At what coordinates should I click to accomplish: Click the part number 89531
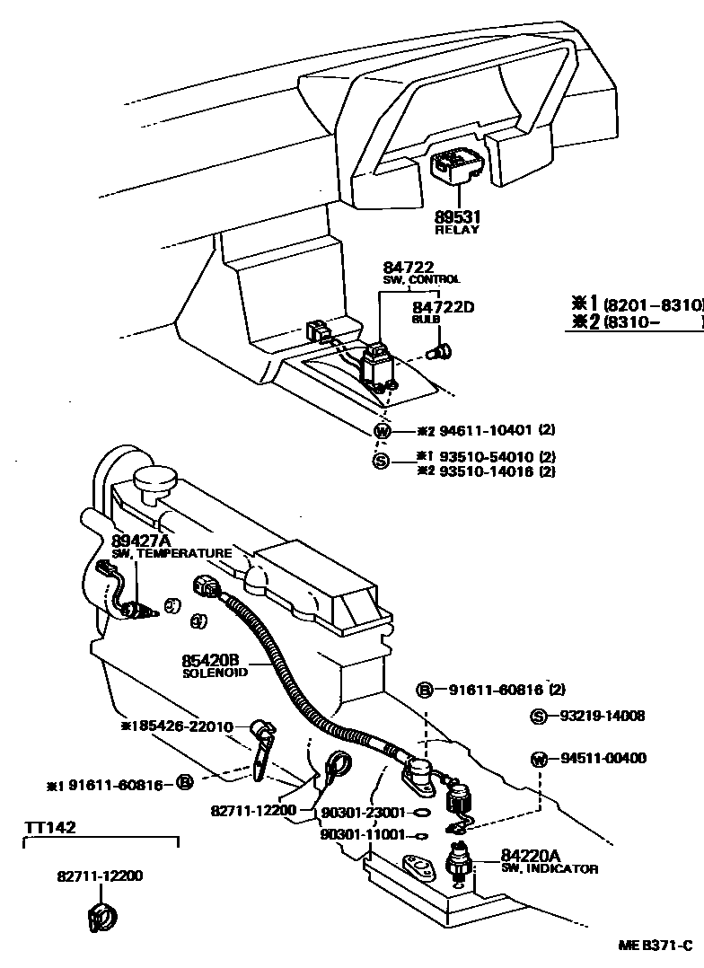(458, 217)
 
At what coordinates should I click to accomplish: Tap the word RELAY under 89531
(458, 230)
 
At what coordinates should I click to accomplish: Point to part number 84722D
(443, 307)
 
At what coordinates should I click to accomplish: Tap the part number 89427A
(141, 541)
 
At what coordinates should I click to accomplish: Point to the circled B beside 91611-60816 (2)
(426, 691)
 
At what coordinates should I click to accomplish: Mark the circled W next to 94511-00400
(538, 759)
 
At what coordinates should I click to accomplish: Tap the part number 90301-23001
(364, 812)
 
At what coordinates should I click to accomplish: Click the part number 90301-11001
(364, 835)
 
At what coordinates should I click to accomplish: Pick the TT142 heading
(49, 827)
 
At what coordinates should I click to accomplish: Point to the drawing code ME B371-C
(655, 946)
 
